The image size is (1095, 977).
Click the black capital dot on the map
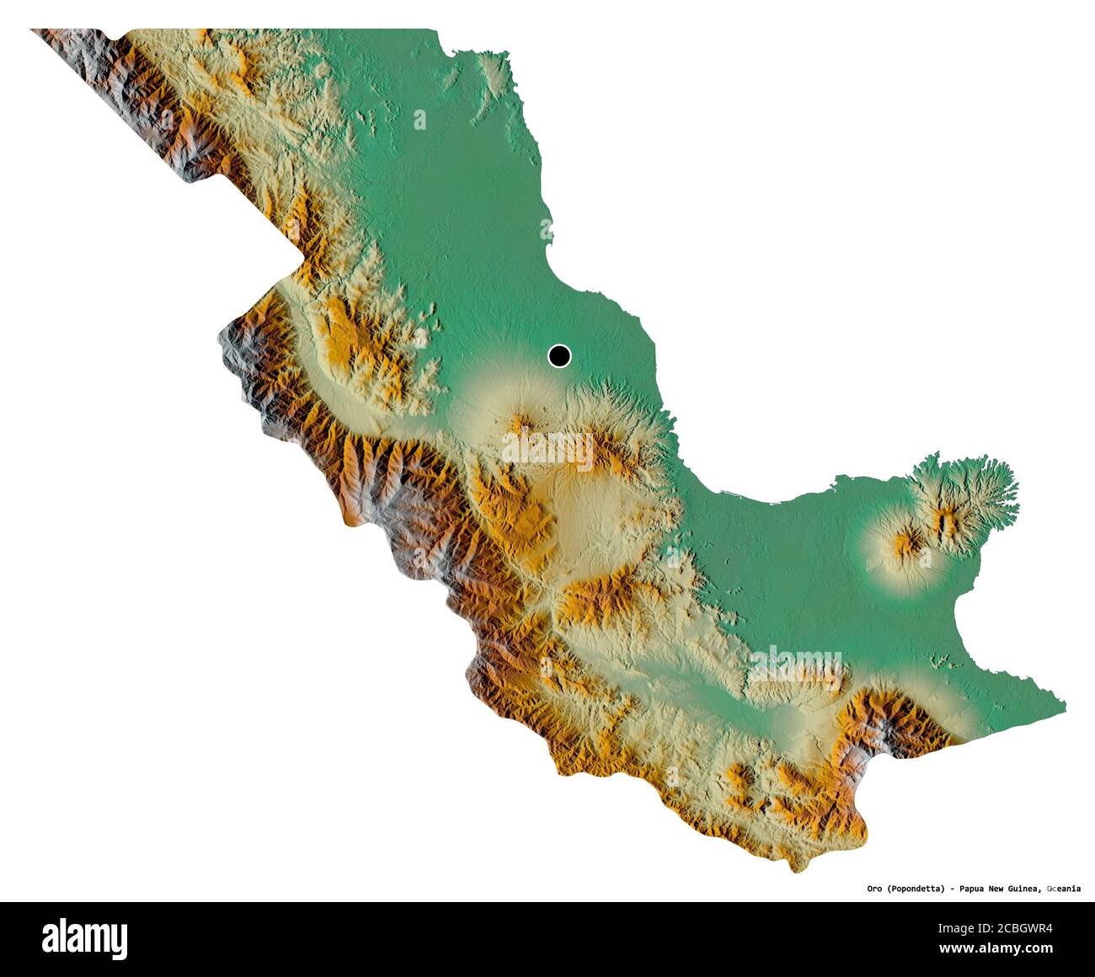coord(559,356)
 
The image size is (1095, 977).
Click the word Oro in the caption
coord(875,888)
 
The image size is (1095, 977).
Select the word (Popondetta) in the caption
coord(921,888)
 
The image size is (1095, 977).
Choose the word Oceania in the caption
coord(1065,888)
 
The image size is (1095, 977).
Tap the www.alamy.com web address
coord(996,949)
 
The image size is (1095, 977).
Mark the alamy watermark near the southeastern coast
coord(795,664)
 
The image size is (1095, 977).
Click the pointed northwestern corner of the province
coord(34,31)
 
